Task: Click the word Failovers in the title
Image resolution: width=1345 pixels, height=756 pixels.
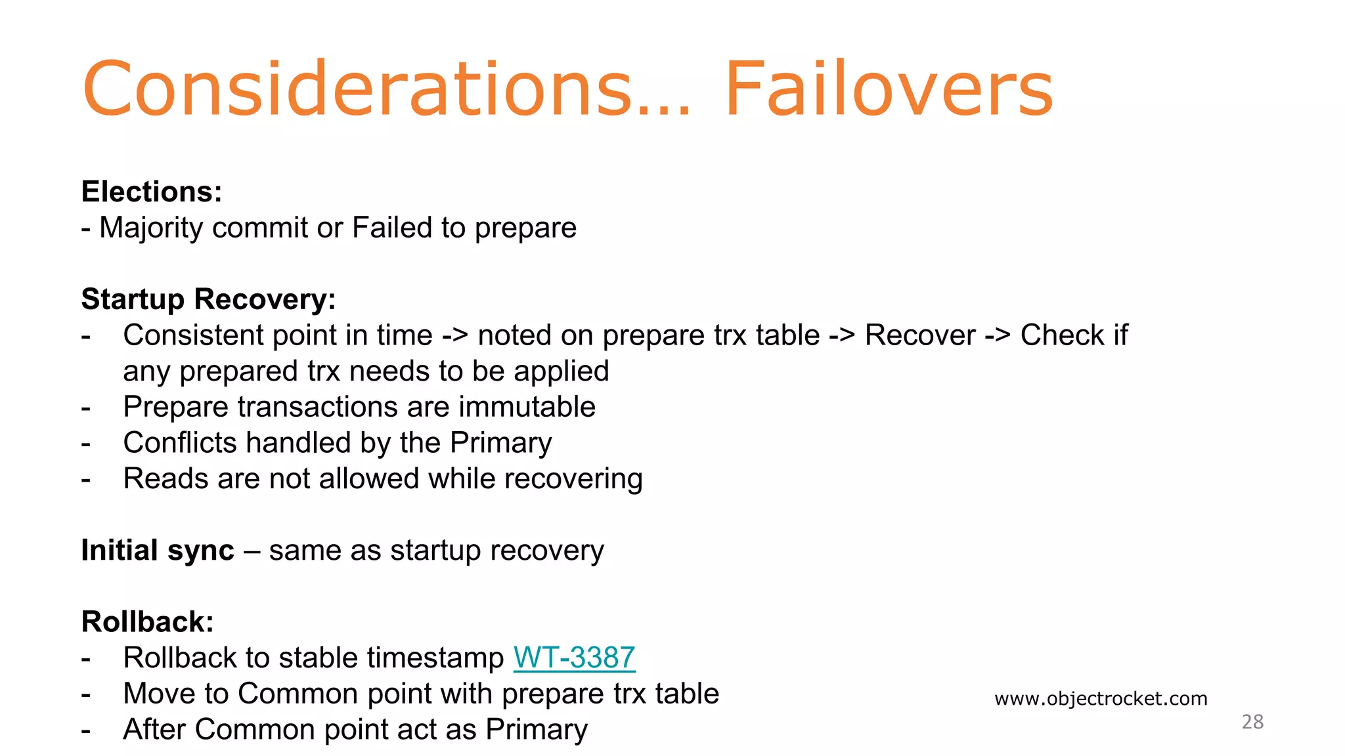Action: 888,89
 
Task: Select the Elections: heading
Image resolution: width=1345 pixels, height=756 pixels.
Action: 152,192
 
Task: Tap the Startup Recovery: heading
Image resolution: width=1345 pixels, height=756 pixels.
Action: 208,299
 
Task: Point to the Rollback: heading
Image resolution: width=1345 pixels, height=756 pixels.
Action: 147,621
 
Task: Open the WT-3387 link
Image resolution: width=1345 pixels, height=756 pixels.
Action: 574,658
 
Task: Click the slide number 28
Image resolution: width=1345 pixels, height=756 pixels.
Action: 1252,722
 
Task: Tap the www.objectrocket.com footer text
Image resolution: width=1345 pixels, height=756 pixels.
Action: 1101,698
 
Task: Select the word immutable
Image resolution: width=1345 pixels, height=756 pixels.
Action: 527,407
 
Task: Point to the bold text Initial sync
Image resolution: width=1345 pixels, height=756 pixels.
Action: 158,550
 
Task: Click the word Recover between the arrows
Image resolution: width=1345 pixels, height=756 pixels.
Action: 919,335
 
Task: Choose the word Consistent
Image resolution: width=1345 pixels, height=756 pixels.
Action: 192,335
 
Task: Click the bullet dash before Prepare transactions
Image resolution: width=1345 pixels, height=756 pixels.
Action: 86,408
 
